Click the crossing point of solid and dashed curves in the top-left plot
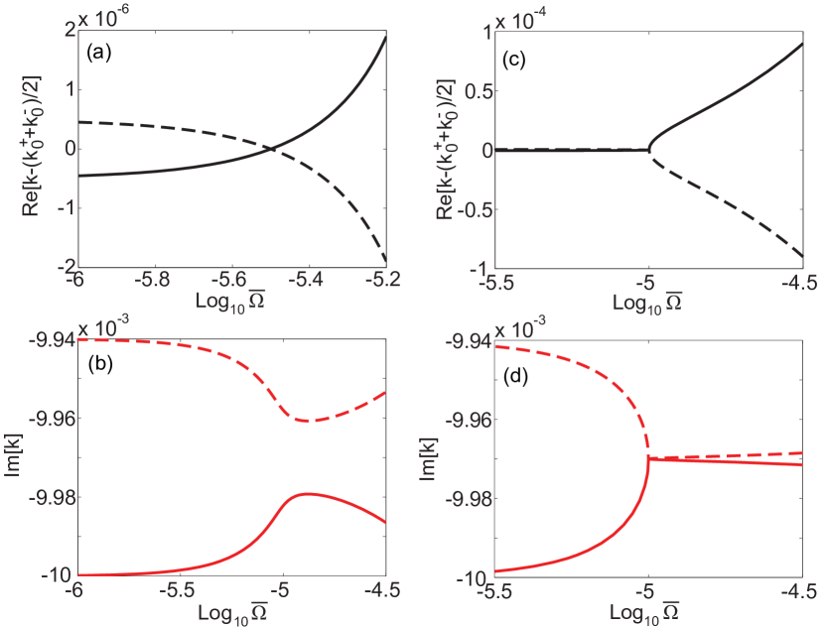[274, 149]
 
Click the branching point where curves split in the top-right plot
[647, 150]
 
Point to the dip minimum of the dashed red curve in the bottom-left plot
[305, 421]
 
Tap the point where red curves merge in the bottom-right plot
[648, 457]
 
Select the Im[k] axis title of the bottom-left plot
[14, 457]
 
